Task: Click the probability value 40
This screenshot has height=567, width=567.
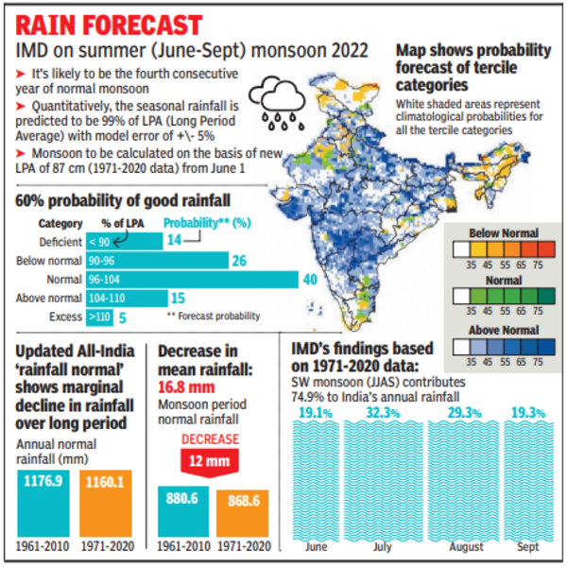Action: coord(308,280)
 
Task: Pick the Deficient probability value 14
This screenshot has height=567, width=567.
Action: coord(173,241)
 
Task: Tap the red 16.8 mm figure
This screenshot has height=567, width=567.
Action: coord(189,386)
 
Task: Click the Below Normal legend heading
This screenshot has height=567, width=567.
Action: coord(503,232)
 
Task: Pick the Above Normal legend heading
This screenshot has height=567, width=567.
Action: coord(503,329)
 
